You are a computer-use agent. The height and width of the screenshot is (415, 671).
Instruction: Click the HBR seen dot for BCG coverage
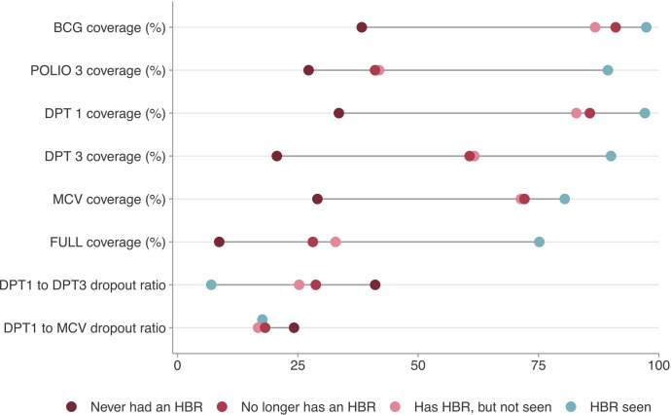646,27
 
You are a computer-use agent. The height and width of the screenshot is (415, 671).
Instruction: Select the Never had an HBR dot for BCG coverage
362,27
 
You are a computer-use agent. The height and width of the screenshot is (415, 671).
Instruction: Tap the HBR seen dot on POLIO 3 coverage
608,70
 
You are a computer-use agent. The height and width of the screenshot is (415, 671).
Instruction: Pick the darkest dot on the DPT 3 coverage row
277,156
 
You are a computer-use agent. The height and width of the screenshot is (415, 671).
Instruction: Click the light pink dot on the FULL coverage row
335,242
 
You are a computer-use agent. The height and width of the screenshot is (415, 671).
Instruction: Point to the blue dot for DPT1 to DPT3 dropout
211,284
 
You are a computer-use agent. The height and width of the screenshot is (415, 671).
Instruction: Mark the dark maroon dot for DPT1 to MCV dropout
294,328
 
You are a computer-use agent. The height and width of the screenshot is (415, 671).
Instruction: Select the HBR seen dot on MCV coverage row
565,199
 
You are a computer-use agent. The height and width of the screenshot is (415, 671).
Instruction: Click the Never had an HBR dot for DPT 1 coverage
339,113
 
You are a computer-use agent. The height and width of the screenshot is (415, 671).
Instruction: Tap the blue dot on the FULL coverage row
539,242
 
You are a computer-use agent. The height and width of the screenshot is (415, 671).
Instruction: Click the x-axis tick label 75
539,365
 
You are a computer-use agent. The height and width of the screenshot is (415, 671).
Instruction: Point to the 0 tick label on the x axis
177,365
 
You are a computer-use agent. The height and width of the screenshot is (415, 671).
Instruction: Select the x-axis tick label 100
659,365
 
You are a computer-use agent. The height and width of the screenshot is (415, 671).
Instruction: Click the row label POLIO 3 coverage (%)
98,70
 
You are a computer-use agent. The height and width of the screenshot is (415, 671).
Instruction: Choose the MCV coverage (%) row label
109,199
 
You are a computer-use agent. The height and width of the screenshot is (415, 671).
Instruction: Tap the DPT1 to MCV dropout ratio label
85,328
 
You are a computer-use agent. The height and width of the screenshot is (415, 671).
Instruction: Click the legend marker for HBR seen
571,406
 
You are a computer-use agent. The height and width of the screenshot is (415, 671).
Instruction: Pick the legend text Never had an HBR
146,406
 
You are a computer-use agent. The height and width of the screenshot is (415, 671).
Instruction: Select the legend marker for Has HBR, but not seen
395,406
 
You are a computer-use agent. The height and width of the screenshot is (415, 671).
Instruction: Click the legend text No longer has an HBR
308,406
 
